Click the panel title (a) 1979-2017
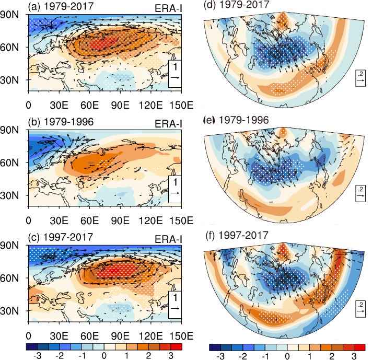pos(61,6)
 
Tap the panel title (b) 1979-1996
pos(61,122)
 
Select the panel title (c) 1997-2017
pos(61,237)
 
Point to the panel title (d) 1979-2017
pos(236,5)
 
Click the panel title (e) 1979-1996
pos(236,120)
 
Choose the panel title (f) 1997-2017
pos(236,235)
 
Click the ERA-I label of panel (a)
pos(168,8)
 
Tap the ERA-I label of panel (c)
pos(168,239)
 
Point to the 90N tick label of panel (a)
pos(9,15)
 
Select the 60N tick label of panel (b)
pos(9,163)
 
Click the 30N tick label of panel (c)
pos(9,311)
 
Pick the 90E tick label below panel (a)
pos(120,105)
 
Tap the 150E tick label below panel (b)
pos(181,220)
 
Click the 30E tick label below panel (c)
pos(59,336)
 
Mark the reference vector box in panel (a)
pos(175,74)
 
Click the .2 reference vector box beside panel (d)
pos(361,78)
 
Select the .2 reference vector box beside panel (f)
pos(361,309)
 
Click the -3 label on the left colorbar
pos(38,356)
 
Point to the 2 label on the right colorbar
pos(331,356)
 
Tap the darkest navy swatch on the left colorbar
pos(31,347)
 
